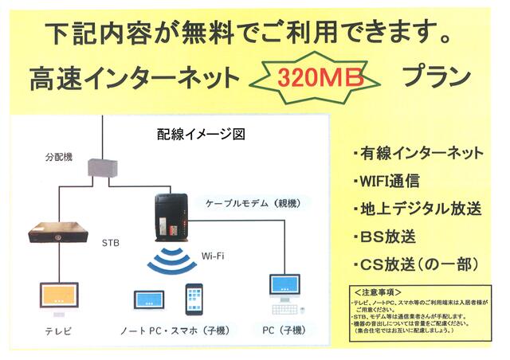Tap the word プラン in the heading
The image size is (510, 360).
436,77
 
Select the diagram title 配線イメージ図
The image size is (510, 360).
201,135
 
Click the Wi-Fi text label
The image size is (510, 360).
212,256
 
